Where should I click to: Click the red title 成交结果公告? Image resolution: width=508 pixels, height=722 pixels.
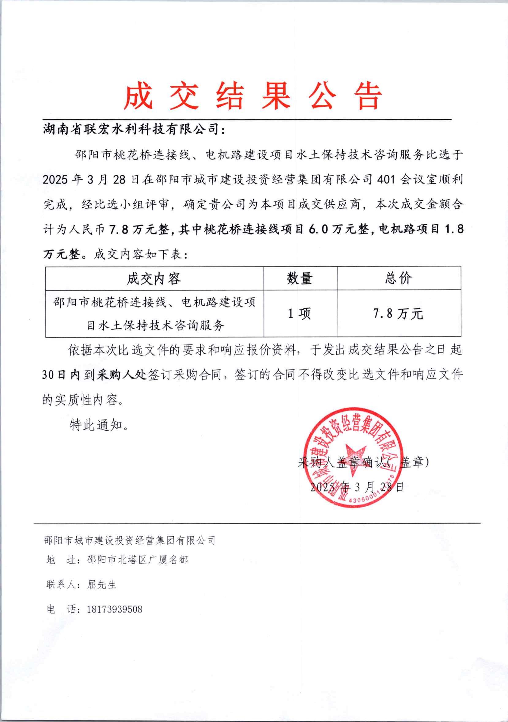pyautogui.click(x=253, y=95)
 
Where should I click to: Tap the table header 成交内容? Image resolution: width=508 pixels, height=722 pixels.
pyautogui.click(x=154, y=279)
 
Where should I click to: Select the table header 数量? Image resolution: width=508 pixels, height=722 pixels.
pyautogui.click(x=300, y=279)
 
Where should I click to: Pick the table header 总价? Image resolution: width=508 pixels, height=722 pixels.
pyautogui.click(x=399, y=279)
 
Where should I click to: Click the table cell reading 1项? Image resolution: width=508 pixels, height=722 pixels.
pyautogui.click(x=300, y=313)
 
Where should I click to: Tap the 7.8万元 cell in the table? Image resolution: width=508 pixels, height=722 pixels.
pyautogui.click(x=398, y=313)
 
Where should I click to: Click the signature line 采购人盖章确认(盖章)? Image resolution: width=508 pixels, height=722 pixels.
pyautogui.click(x=363, y=462)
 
